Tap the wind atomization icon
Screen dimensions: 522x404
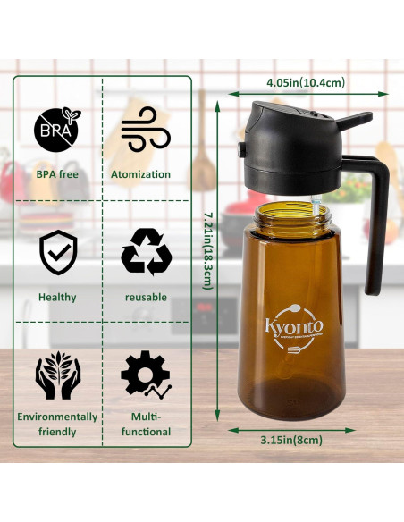[146, 130]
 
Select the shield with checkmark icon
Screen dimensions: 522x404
[57, 252]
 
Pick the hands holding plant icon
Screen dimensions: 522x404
[57, 375]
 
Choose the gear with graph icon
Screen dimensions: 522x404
[146, 375]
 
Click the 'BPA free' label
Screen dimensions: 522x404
[57, 174]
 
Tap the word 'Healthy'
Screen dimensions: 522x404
[57, 297]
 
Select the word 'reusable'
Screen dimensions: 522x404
[146, 297]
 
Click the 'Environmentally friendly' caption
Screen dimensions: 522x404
[57, 424]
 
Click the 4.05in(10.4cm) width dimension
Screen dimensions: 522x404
[306, 82]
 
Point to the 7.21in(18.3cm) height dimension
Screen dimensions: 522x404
[206, 249]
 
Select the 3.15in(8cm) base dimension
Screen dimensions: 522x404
[290, 440]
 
